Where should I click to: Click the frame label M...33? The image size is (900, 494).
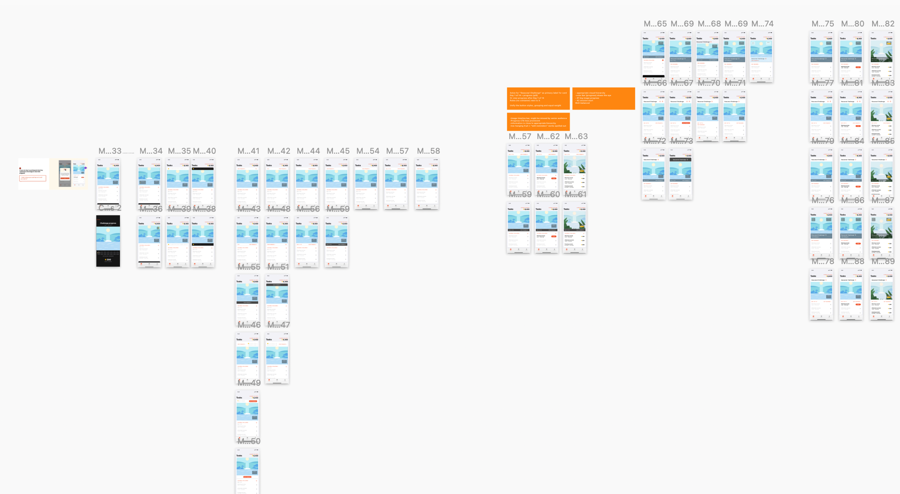[x=110, y=151]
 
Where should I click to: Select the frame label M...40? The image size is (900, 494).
[x=204, y=151]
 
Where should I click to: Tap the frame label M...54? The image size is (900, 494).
[x=368, y=151]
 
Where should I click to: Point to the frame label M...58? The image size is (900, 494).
[x=428, y=151]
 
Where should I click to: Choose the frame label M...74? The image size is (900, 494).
[x=762, y=24]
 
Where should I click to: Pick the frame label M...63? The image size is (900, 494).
[x=576, y=137]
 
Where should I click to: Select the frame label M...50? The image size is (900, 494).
[x=248, y=441]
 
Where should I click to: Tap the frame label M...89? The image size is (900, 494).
[x=883, y=262]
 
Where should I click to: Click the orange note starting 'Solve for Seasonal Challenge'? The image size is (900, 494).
[x=538, y=98]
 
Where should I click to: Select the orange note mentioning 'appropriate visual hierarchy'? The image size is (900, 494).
[x=603, y=98]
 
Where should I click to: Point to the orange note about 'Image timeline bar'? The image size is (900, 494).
[x=538, y=122]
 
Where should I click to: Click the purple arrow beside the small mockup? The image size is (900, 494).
[x=86, y=168]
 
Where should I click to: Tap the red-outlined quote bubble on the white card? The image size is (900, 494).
[x=33, y=178]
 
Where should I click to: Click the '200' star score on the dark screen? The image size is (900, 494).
[x=108, y=259]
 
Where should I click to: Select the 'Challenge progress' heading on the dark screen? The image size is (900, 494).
[x=108, y=223]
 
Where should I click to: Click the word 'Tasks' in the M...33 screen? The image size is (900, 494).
[x=100, y=165]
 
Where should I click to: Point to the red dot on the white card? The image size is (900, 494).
[x=20, y=168]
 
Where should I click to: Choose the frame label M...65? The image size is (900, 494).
[x=655, y=24]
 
